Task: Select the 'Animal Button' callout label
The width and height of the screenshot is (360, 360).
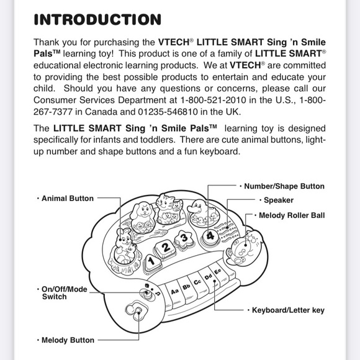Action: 68,199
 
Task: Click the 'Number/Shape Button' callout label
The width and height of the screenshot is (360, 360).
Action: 284,186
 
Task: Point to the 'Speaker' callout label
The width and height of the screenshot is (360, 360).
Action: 279,200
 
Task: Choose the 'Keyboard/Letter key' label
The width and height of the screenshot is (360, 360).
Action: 288,310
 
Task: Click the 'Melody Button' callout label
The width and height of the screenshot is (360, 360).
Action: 68,340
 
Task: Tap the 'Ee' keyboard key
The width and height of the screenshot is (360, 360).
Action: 218,272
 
